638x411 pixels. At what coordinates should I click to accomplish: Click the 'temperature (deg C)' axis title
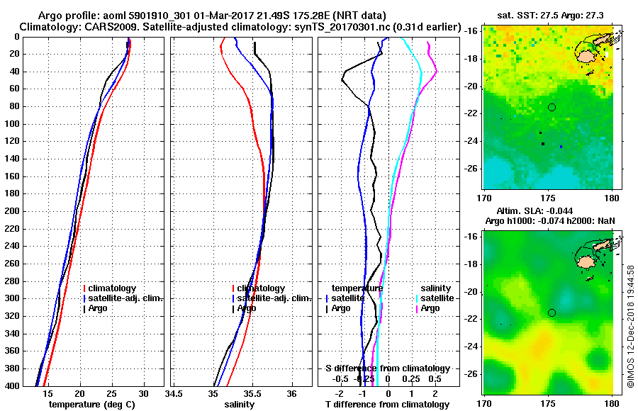[91, 404]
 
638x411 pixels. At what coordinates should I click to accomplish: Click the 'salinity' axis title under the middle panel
[241, 404]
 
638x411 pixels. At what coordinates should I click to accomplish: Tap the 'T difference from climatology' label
[387, 404]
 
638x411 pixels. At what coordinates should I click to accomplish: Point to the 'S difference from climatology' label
[387, 368]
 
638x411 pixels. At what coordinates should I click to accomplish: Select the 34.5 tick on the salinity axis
[174, 393]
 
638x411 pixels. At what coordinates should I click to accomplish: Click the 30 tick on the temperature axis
[143, 393]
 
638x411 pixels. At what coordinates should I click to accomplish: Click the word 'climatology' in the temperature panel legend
[113, 288]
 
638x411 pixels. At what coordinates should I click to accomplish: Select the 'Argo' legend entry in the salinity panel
[247, 308]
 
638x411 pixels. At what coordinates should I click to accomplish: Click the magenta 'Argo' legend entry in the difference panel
[430, 308]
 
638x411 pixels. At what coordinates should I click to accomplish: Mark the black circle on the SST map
[552, 107]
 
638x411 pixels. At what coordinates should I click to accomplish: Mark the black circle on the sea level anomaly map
[552, 313]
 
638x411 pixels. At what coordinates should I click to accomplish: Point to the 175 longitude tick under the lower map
[549, 401]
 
